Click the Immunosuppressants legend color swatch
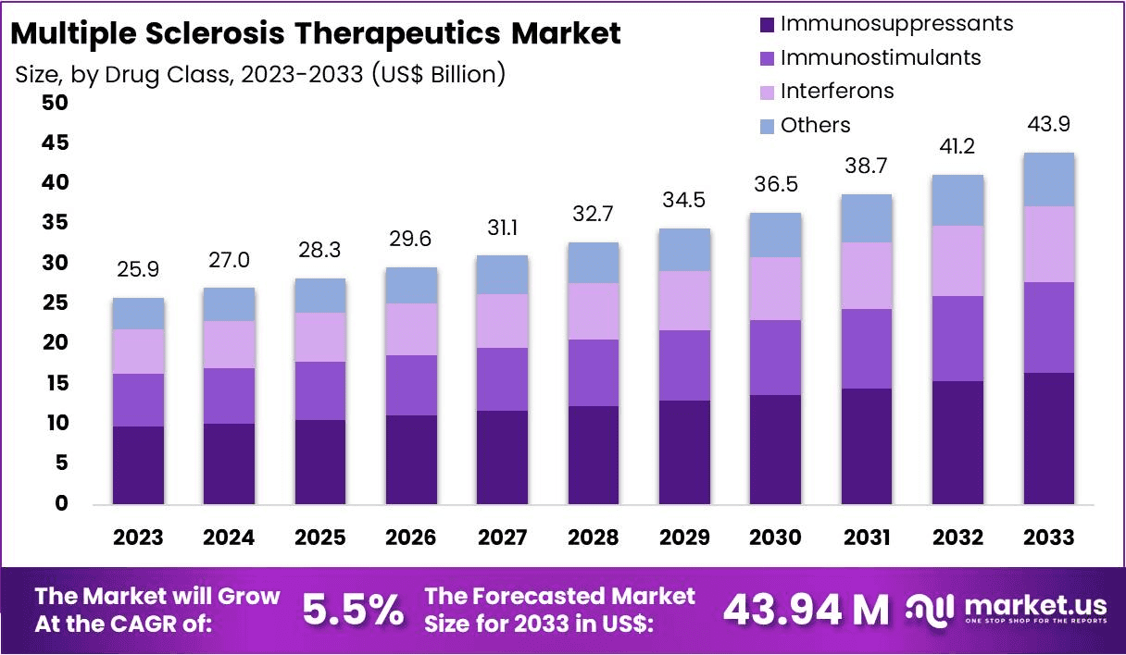coord(766,24)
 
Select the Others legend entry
coord(815,125)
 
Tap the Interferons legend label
coord(837,91)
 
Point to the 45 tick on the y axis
coord(55,143)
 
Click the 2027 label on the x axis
coord(502,538)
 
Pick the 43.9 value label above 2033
coord(1049,125)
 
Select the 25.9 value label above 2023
coord(138,271)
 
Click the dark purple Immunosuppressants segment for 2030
coord(775,449)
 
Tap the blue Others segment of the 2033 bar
coord(1049,179)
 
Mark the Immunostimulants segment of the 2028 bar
coord(593,373)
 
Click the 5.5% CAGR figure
coord(353,610)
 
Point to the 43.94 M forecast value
coord(805,610)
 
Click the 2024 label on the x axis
coord(229,538)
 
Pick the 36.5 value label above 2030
coord(775,185)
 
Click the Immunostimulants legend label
coord(880,57)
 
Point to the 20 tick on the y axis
coord(55,343)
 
